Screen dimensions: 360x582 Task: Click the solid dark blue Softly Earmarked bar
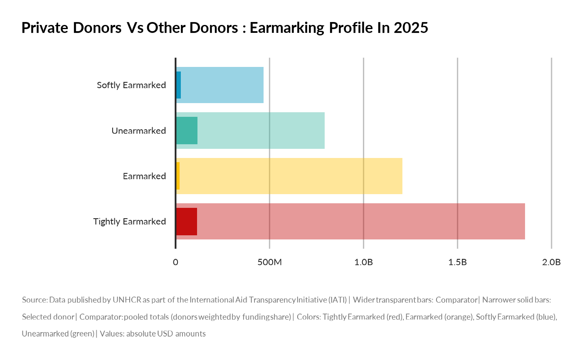click(178, 85)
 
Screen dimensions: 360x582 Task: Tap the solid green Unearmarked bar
click(187, 131)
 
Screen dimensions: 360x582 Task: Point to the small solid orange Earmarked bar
click(178, 176)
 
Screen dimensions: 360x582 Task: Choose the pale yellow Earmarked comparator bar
click(291, 176)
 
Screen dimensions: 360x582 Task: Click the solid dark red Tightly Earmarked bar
click(186, 222)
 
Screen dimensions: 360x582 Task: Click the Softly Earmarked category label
click(131, 85)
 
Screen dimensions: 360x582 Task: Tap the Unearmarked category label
click(139, 131)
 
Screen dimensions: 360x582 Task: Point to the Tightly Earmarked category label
click(130, 222)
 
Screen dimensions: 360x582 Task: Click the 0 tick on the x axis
click(175, 263)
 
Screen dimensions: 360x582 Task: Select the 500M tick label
click(269, 263)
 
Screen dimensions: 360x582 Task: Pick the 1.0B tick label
click(363, 263)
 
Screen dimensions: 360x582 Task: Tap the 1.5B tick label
click(457, 263)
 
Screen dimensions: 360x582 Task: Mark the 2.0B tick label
click(551, 263)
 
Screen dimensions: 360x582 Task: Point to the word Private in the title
click(45, 28)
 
